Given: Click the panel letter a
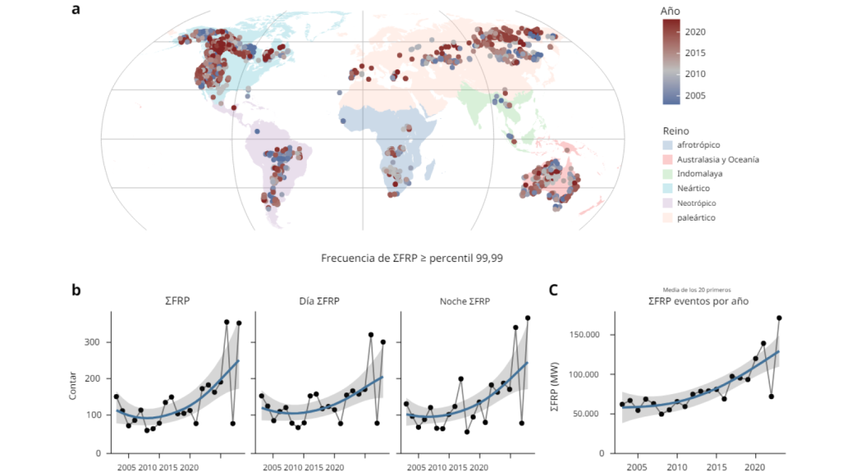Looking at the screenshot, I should point(76,11).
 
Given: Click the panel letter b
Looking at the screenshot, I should point(76,290).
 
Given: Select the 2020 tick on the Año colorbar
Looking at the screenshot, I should point(695,31).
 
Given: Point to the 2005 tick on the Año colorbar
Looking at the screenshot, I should point(695,96).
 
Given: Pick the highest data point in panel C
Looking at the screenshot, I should point(779,318).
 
